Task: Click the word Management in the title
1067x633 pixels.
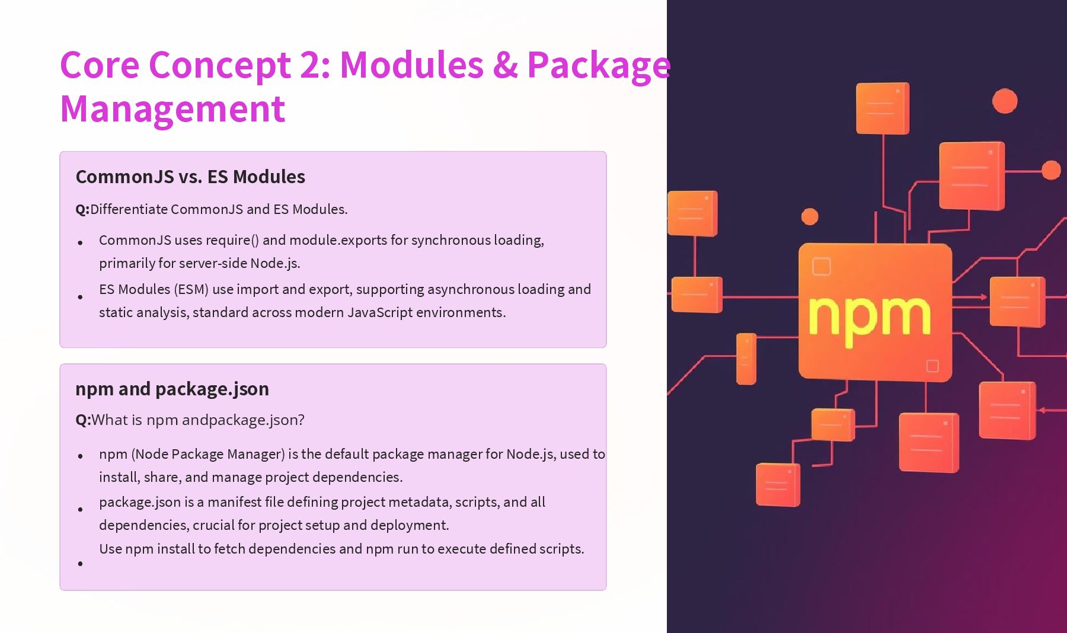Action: click(x=172, y=109)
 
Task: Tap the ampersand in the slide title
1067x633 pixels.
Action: click(x=504, y=65)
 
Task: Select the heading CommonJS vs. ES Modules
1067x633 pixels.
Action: click(x=190, y=177)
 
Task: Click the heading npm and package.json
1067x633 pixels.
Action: click(x=172, y=389)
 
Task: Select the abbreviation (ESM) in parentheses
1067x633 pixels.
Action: click(x=191, y=289)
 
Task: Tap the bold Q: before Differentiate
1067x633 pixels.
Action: click(x=82, y=209)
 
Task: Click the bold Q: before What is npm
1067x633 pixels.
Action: click(x=83, y=420)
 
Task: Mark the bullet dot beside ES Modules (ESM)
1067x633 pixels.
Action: click(x=81, y=297)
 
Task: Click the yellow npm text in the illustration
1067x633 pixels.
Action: click(x=868, y=316)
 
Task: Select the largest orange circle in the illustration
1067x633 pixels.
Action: click(x=1005, y=101)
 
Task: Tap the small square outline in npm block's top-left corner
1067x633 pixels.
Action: click(x=821, y=267)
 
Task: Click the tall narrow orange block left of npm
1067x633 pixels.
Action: click(x=746, y=359)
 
